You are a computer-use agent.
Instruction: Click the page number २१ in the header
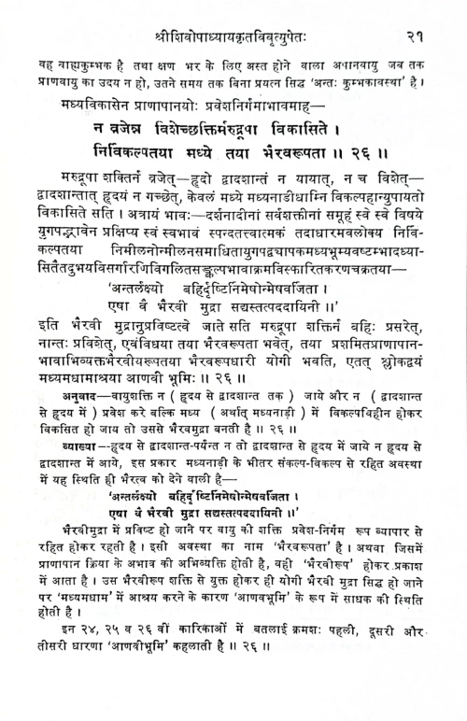pos(417,14)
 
